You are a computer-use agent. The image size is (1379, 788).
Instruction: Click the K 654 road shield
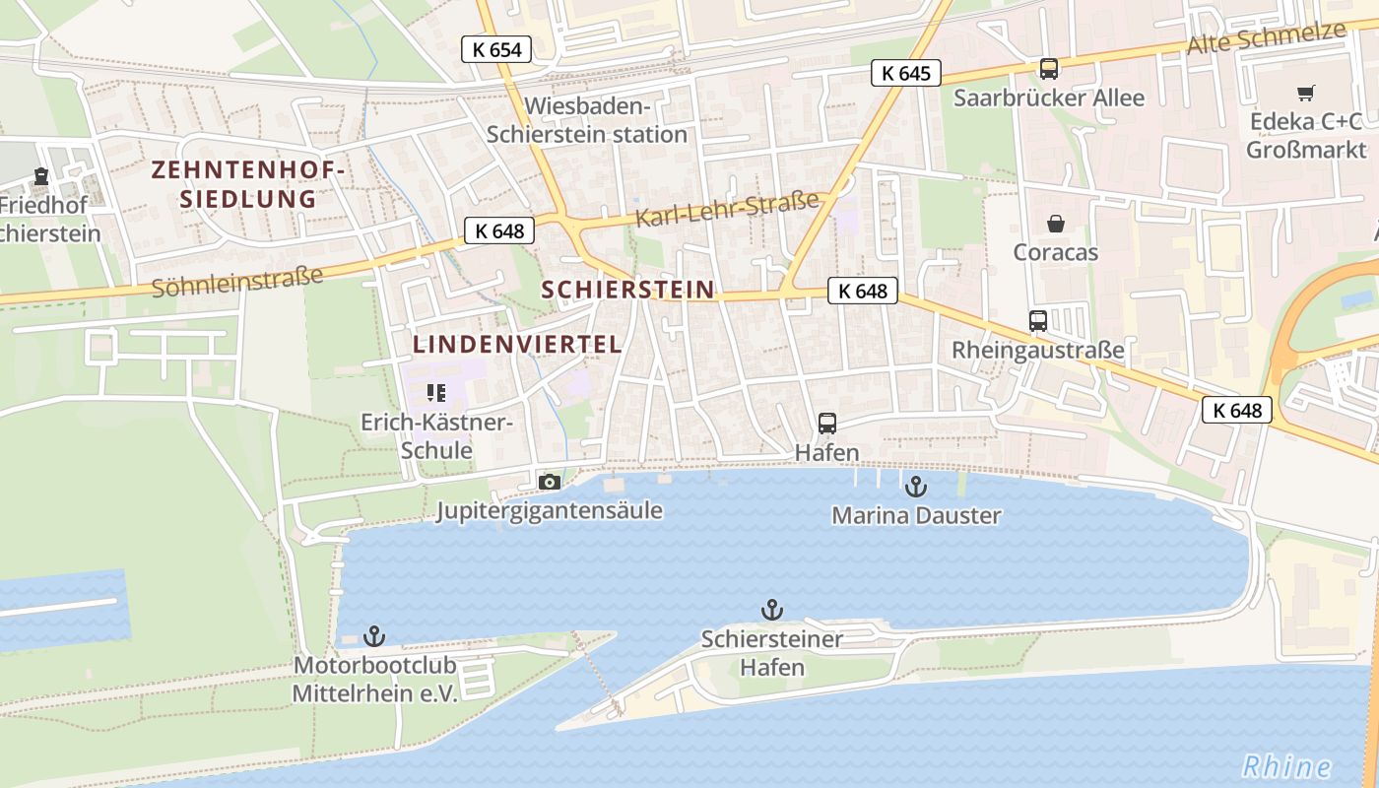(496, 49)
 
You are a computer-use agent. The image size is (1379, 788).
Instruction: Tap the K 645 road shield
(906, 73)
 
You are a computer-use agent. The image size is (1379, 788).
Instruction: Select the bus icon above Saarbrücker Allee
(1049, 69)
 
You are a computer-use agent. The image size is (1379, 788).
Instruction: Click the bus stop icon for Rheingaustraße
(1038, 320)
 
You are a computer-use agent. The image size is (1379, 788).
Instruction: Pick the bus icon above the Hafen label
(827, 424)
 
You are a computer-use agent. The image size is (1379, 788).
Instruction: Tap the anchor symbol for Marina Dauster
(916, 486)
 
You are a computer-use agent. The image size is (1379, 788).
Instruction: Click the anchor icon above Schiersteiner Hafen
(772, 610)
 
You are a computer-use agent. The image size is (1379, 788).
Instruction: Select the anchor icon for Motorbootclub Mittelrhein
(374, 636)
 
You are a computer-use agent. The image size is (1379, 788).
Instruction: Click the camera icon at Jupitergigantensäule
(550, 482)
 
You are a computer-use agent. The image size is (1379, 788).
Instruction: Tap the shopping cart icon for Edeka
(1306, 94)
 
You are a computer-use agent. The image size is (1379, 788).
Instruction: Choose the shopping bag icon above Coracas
(1056, 224)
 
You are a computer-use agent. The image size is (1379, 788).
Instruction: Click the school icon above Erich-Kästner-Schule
(436, 393)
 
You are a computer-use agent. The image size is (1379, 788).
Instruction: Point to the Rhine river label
(1286, 766)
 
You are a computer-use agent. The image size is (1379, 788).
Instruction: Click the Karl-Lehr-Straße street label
(727, 209)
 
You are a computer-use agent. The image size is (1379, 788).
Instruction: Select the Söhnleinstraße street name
(237, 282)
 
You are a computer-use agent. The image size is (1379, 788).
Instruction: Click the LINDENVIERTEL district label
(517, 345)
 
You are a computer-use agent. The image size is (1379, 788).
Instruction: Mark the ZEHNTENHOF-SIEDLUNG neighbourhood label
(248, 184)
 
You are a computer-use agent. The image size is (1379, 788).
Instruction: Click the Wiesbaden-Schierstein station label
(587, 120)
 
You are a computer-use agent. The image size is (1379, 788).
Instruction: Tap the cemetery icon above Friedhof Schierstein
(41, 176)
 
